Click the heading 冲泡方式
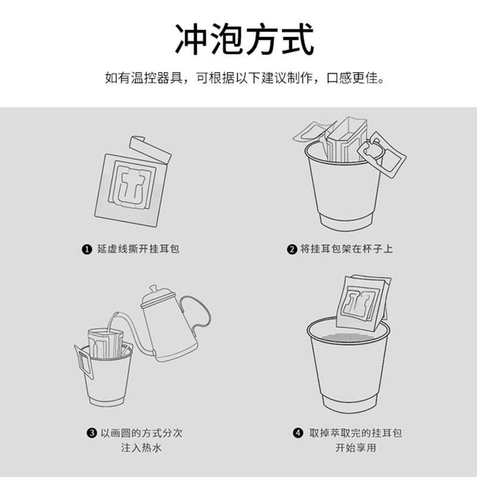[x=244, y=39]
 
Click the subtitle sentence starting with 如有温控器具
[x=244, y=78]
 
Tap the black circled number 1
[x=86, y=249]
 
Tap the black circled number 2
[x=292, y=249]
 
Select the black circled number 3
[x=92, y=433]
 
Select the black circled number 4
[x=298, y=433]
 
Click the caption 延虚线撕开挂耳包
[x=138, y=249]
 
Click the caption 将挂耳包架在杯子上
[x=346, y=249]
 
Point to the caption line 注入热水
[x=141, y=448]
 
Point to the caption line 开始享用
[x=355, y=448]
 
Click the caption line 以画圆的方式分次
[x=141, y=433]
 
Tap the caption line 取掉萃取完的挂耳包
[x=355, y=433]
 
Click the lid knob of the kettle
[x=153, y=289]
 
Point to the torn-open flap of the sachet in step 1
[x=150, y=150]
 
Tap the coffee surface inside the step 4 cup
[x=349, y=337]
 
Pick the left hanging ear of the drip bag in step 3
[x=83, y=361]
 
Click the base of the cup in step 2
[x=346, y=222]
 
